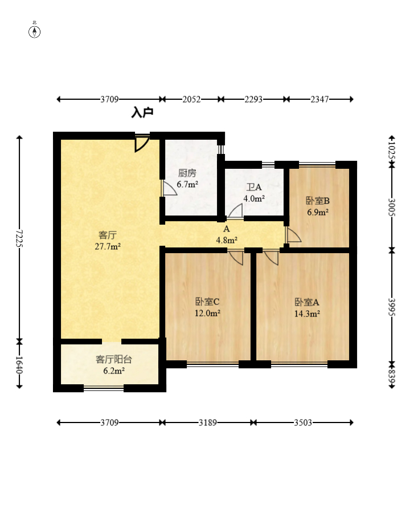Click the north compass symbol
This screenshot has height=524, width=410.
(34, 32)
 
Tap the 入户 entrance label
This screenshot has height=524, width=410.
(142, 112)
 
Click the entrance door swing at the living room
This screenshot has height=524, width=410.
(142, 144)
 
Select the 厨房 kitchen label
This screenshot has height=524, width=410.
(187, 173)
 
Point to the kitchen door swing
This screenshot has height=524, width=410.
(169, 188)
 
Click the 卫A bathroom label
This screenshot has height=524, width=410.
(254, 187)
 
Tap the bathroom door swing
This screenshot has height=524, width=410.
(235, 212)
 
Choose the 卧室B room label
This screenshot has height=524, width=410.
(318, 201)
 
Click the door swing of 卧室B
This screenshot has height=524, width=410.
(293, 235)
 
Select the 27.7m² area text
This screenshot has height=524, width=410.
(108, 247)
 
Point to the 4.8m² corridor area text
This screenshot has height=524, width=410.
(227, 240)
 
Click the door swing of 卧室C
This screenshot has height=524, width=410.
(236, 257)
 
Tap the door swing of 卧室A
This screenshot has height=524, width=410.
(271, 257)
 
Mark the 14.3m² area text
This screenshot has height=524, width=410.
(307, 314)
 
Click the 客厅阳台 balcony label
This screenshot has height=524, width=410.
(114, 359)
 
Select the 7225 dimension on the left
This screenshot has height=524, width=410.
(19, 238)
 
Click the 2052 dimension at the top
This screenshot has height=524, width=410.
(191, 99)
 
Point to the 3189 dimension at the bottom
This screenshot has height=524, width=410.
(208, 423)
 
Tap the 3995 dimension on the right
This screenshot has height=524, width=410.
(392, 307)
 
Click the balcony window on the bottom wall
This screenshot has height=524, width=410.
(104, 388)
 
